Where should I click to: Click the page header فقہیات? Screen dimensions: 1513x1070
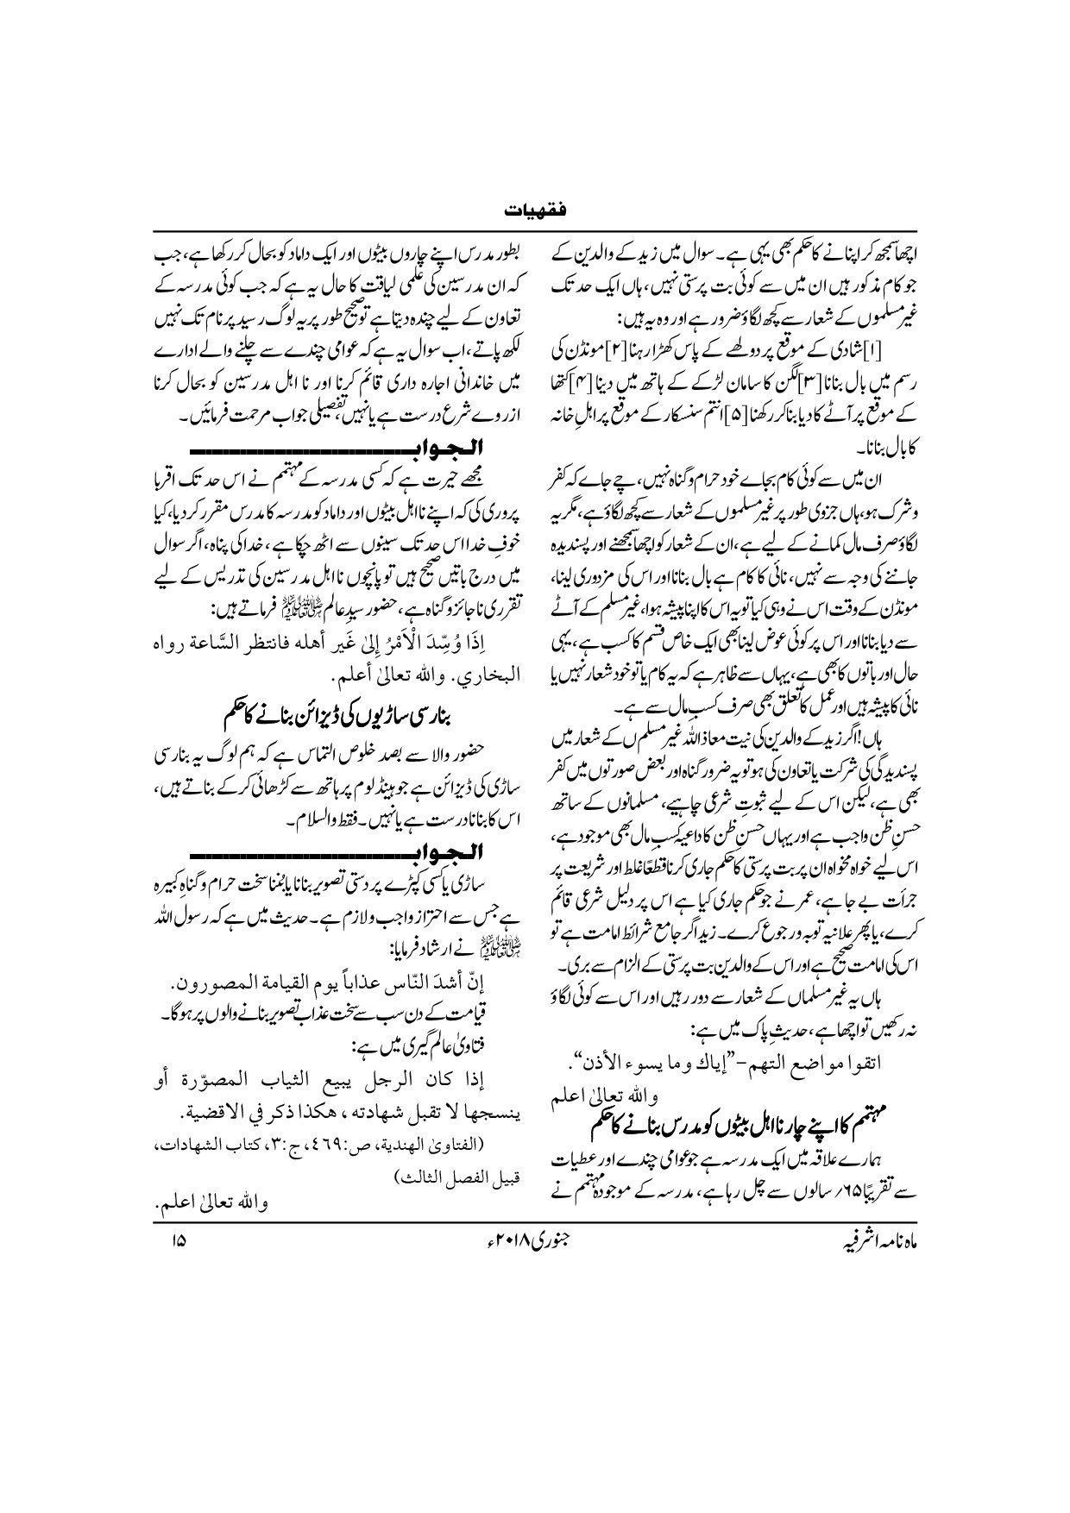535,210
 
